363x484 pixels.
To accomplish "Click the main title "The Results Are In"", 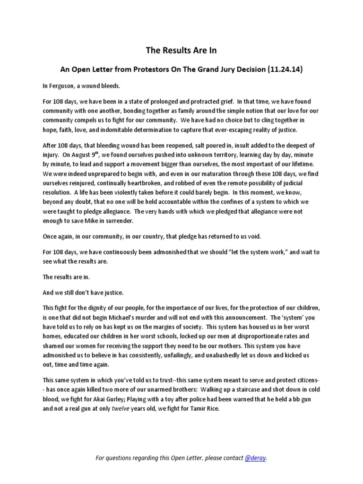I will pos(181,51).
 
